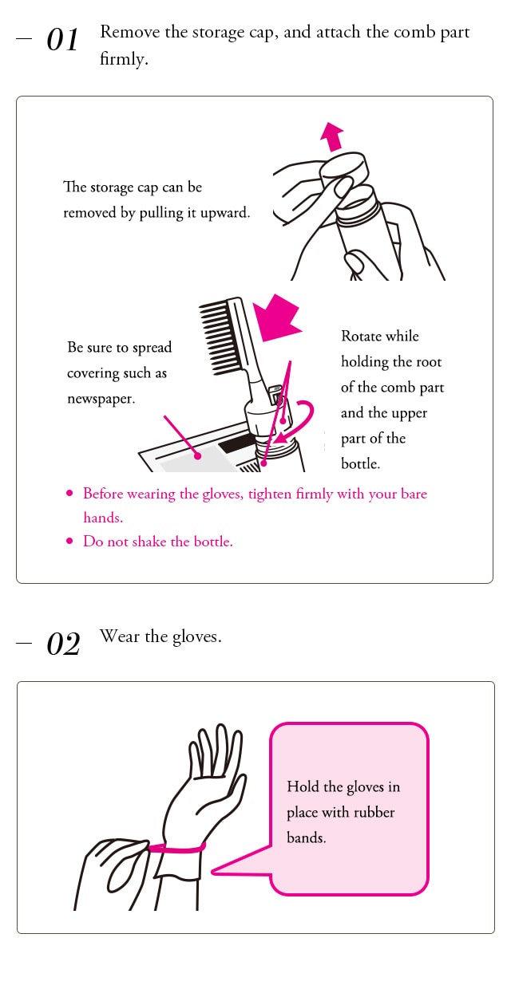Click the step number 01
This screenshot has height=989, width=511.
pyautogui.click(x=62, y=40)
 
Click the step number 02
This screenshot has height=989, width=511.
pyautogui.click(x=63, y=644)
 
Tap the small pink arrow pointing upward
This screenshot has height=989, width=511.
pyautogui.click(x=332, y=136)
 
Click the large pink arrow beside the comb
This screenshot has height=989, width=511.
pyautogui.click(x=277, y=317)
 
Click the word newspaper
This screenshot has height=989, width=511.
pyautogui.click(x=101, y=399)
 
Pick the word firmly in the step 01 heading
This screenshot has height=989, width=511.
pyautogui.click(x=124, y=59)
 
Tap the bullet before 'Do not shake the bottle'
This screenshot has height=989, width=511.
pyautogui.click(x=69, y=541)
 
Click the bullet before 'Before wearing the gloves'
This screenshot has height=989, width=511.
pyautogui.click(x=69, y=493)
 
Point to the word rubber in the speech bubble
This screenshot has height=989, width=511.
pyautogui.click(x=374, y=812)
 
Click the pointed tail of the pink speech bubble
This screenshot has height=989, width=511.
pyautogui.click(x=212, y=872)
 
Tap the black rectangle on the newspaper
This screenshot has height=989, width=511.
pyautogui.click(x=236, y=443)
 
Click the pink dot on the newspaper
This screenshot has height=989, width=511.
pyautogui.click(x=197, y=455)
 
